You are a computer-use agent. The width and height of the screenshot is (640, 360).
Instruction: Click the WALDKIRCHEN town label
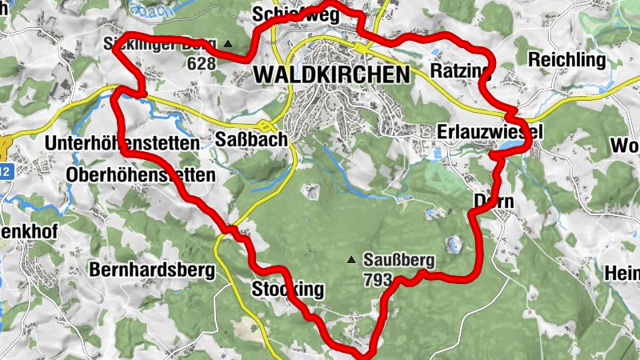click(330, 74)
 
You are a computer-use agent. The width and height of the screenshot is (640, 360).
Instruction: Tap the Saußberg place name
click(398, 260)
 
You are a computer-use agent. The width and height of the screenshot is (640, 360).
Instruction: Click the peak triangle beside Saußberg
click(350, 261)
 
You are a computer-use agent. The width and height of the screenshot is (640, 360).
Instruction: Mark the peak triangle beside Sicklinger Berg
click(230, 43)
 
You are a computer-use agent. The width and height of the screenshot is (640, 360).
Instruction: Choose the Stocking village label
click(288, 289)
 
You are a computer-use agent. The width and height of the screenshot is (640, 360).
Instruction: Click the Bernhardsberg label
click(152, 270)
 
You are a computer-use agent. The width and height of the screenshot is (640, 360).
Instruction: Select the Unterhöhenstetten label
click(122, 143)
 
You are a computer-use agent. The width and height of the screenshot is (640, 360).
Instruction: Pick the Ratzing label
click(458, 72)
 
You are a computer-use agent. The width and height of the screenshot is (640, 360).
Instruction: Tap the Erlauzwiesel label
click(490, 130)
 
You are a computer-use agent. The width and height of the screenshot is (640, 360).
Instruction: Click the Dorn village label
click(493, 202)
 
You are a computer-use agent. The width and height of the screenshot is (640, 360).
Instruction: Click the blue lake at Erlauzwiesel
click(510, 146)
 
